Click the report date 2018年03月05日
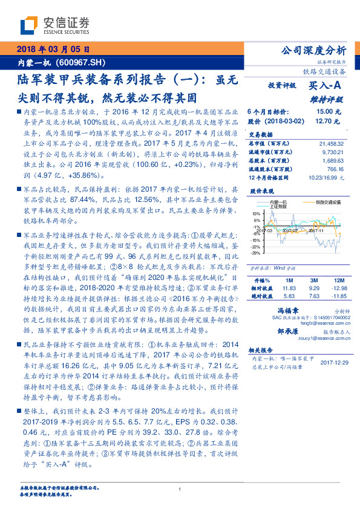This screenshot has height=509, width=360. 53,50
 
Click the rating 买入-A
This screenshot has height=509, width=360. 326,86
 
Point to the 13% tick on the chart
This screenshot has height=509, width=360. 256,213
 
